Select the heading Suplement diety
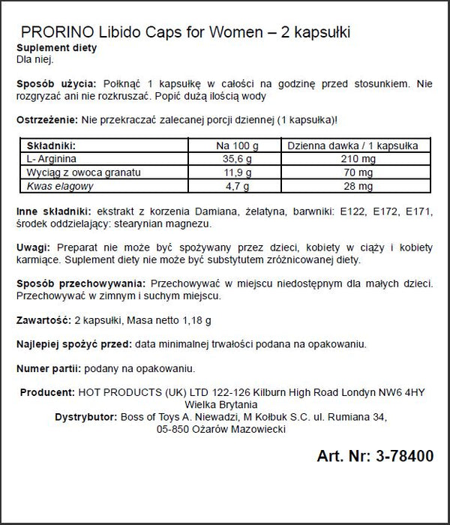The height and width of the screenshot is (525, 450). click(58, 49)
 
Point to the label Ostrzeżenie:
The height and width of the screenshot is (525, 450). click(47, 121)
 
